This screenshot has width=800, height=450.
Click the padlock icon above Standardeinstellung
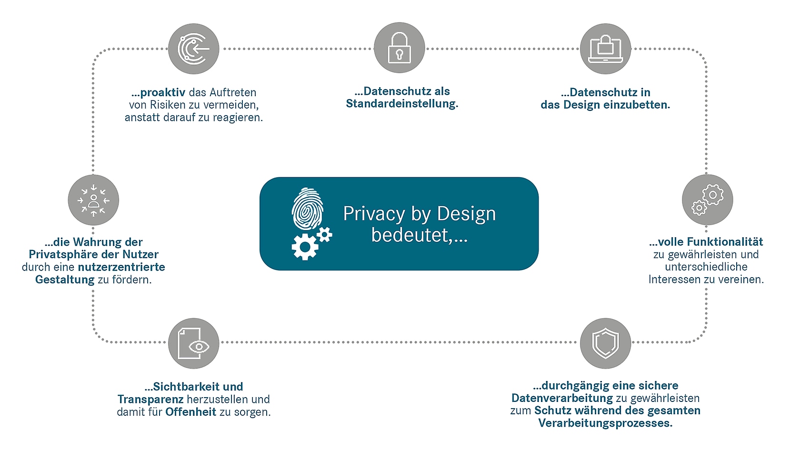[x=399, y=48]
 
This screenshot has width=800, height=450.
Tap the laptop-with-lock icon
[x=605, y=49]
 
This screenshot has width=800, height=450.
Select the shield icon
[x=605, y=343]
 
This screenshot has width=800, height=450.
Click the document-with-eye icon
[x=193, y=343]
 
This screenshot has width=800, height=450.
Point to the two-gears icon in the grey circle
[x=707, y=200]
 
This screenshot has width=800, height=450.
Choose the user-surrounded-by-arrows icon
[x=93, y=200]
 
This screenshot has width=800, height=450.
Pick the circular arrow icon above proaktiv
[x=193, y=49]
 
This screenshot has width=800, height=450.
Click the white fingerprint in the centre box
[x=308, y=210]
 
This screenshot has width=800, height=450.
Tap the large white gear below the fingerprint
[x=304, y=247]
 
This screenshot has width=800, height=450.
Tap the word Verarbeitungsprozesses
[x=605, y=423]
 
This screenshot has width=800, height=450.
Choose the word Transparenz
[x=150, y=399]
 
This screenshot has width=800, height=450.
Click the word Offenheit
[x=190, y=412]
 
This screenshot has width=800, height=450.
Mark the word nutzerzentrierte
[x=121, y=267]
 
